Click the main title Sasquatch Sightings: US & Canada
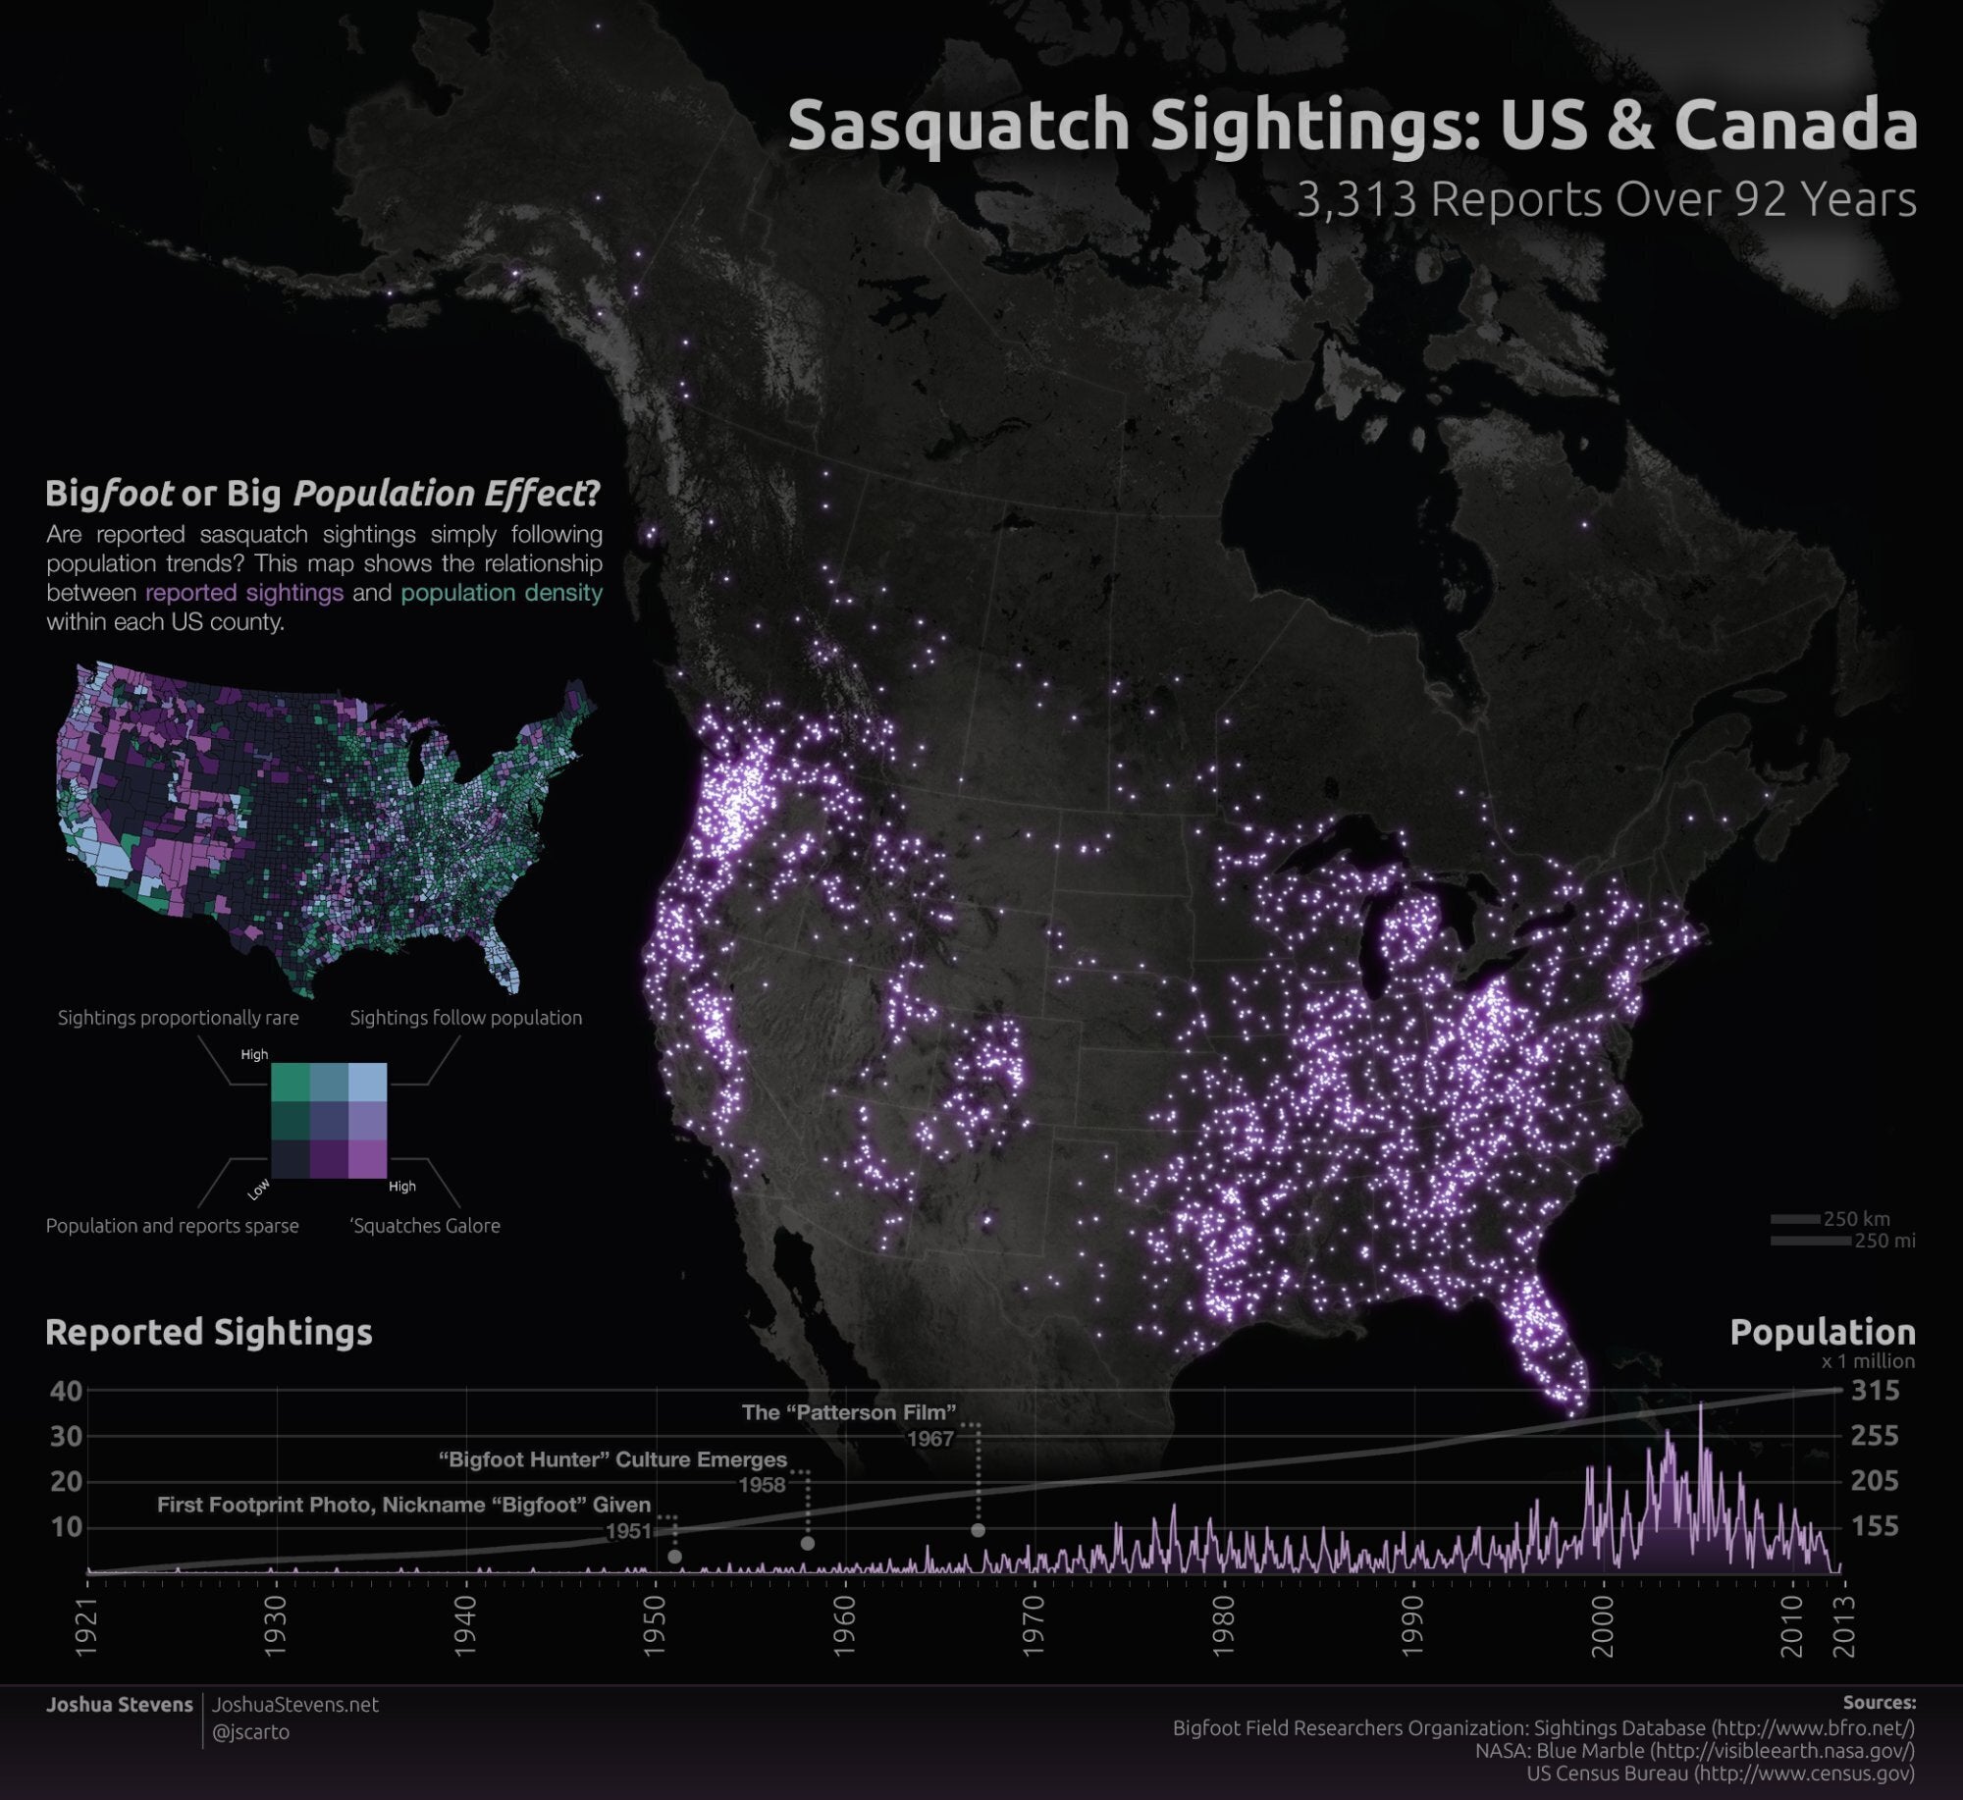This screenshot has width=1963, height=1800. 1352,125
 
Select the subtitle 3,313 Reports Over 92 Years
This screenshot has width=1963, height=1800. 1606,199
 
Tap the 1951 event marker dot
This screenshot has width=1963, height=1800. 674,1557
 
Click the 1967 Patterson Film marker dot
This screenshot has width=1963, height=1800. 978,1530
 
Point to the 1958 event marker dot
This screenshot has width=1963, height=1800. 807,1544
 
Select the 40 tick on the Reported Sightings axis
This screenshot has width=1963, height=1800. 65,1391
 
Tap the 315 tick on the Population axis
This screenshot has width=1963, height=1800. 1875,1391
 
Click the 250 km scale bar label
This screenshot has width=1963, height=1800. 1856,1219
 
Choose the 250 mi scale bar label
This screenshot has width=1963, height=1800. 1884,1242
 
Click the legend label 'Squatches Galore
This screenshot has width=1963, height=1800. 425,1226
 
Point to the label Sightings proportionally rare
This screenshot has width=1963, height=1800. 178,1018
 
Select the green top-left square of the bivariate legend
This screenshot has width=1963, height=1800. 290,1082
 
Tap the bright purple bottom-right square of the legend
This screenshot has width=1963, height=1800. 367,1158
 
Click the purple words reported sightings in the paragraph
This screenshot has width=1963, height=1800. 244,593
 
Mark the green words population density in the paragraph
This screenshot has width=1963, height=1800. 502,593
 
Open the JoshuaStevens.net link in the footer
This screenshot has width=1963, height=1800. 295,1705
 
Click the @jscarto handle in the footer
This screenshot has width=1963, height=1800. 251,1732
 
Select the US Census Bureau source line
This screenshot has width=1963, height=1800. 1720,1774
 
